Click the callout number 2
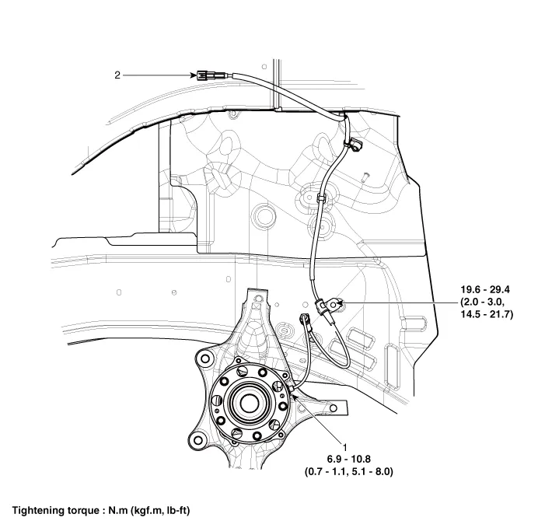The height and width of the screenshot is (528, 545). tap(117, 75)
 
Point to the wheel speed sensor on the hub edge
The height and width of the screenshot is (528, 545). tap(291, 386)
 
